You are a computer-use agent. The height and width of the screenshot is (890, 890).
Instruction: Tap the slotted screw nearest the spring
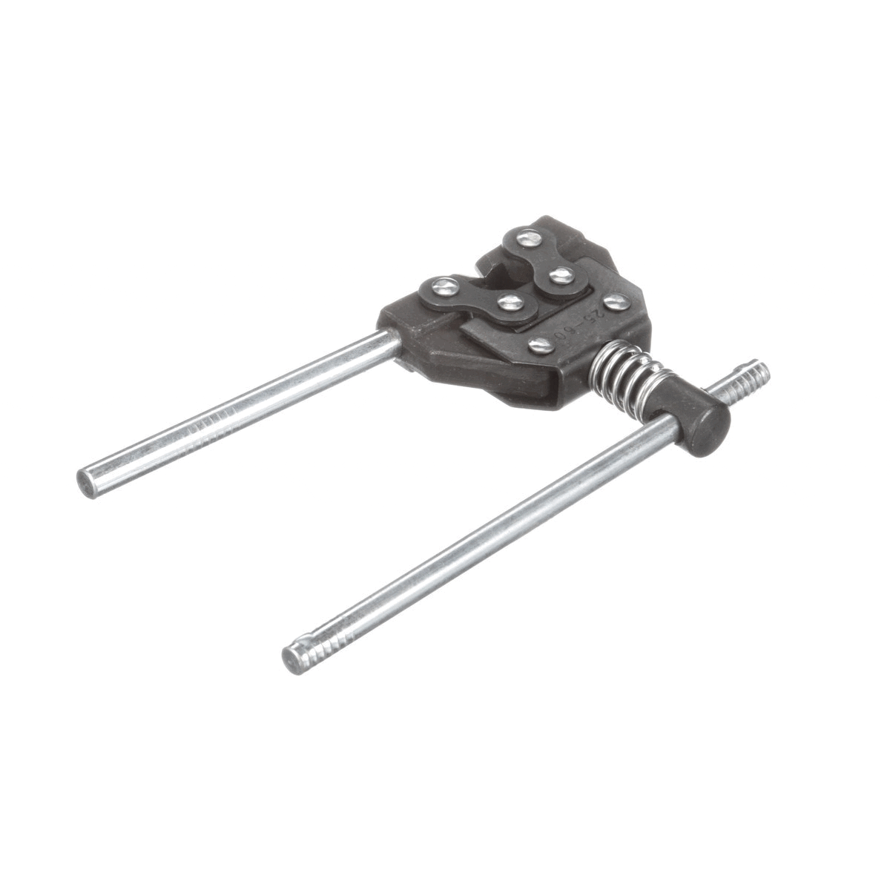click(539, 344)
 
